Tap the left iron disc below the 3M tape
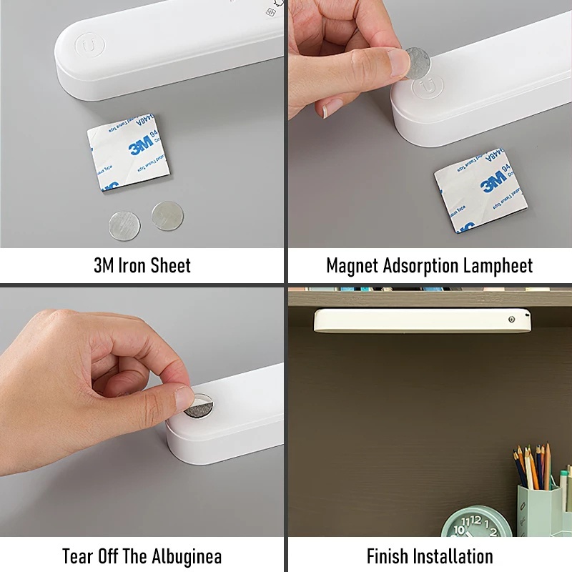coord(124,225)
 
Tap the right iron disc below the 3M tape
coord(167,214)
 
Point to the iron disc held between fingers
coord(416,63)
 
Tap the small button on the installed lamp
coord(513,320)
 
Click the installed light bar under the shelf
coord(422,320)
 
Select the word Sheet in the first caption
coord(172,266)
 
